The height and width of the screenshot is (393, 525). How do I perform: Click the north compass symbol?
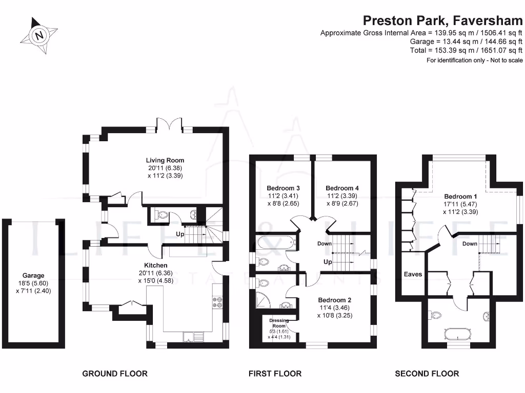38,35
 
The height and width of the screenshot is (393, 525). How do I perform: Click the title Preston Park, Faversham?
442,20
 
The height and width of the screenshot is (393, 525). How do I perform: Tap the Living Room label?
165,160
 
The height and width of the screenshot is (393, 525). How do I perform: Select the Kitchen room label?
155,265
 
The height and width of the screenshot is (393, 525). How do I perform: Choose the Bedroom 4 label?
342,188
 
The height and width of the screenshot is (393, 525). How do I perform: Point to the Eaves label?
413,274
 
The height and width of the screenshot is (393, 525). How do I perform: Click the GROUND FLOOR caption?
115,374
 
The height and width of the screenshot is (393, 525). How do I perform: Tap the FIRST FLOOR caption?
275,374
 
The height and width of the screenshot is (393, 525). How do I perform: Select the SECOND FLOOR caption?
427,374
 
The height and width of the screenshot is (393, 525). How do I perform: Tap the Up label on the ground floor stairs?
180,234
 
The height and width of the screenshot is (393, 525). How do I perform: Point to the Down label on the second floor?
470,244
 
